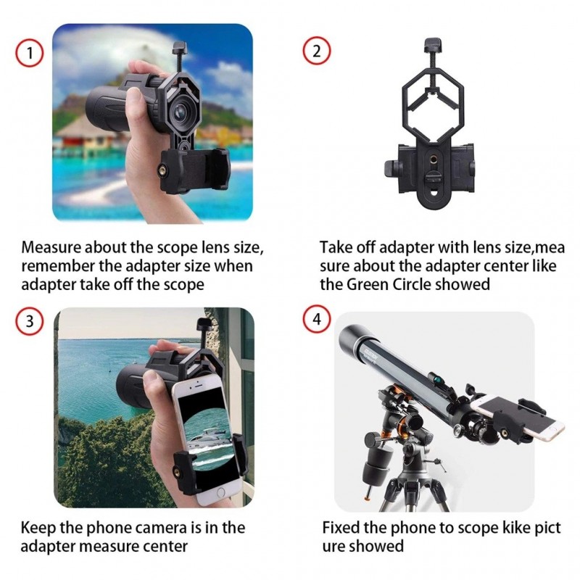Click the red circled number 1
(30, 53)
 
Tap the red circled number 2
(317, 51)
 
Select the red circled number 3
(30, 321)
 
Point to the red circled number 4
(317, 319)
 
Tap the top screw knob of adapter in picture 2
(433, 45)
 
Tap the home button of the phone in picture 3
(220, 493)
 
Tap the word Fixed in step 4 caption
(341, 528)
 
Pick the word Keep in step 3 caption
(38, 528)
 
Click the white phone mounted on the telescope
(518, 418)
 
